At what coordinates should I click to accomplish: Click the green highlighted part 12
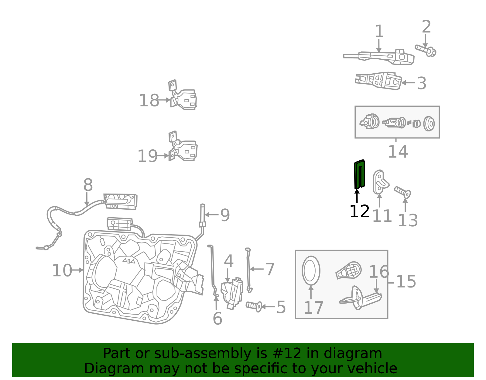(x=359, y=174)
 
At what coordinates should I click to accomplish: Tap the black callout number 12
(x=359, y=211)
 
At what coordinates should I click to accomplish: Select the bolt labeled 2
(x=426, y=51)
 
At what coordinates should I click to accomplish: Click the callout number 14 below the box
(x=398, y=152)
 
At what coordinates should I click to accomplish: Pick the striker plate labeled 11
(x=381, y=182)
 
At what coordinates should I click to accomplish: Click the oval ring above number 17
(x=311, y=271)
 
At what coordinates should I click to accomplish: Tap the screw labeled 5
(x=254, y=306)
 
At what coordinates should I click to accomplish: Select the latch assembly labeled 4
(x=232, y=294)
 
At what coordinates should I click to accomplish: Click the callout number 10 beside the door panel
(x=62, y=270)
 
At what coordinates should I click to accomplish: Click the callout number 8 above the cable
(x=88, y=185)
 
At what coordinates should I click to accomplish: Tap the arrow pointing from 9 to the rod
(x=212, y=215)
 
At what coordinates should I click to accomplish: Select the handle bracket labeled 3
(x=378, y=81)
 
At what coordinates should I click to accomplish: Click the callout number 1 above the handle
(x=379, y=31)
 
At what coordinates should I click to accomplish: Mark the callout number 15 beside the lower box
(x=406, y=281)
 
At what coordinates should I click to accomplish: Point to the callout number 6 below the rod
(x=217, y=319)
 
